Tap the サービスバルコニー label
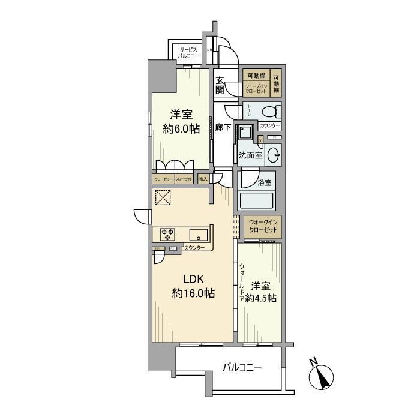pos(187,52)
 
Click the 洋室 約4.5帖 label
pos(263,292)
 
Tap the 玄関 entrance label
pos(221,85)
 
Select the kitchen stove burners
pos(167,233)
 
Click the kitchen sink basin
pos(198,233)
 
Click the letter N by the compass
pos(313,361)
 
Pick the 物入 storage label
pos(203,178)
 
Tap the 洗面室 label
pos(250,154)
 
